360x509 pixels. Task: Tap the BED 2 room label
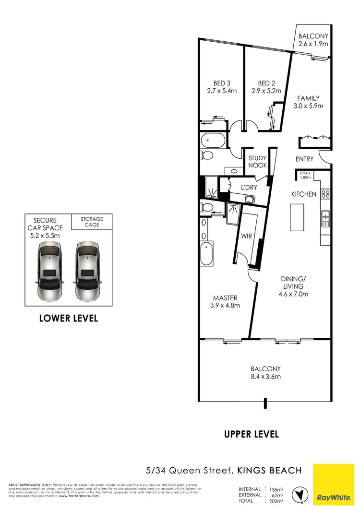(x=266, y=83)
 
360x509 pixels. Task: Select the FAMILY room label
(x=308, y=98)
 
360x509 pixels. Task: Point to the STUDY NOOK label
(x=257, y=161)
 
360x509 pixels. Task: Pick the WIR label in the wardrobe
(x=246, y=236)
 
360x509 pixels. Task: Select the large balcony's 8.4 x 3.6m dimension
(x=265, y=377)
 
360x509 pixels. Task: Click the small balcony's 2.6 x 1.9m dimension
(x=313, y=44)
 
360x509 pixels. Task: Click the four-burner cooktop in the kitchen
(x=325, y=194)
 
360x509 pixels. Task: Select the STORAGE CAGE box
(x=92, y=222)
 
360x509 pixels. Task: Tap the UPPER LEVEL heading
(x=251, y=434)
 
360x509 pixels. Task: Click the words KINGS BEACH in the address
(x=269, y=470)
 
